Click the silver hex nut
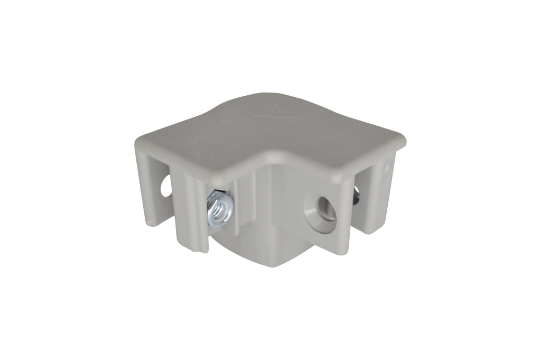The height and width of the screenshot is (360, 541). [216, 209]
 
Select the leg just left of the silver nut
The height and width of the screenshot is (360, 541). [190, 217]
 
